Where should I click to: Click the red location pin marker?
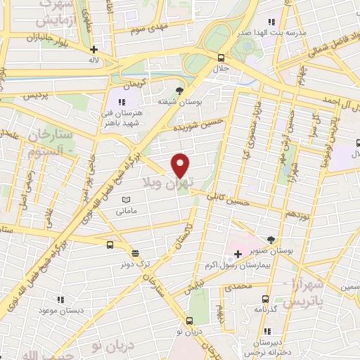point(181,165)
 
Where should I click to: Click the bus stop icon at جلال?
point(221,58)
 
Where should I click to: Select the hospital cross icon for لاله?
point(94,50)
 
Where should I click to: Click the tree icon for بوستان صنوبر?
point(271,240)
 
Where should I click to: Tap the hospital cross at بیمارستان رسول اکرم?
point(238,253)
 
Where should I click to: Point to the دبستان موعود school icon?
point(60,299)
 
